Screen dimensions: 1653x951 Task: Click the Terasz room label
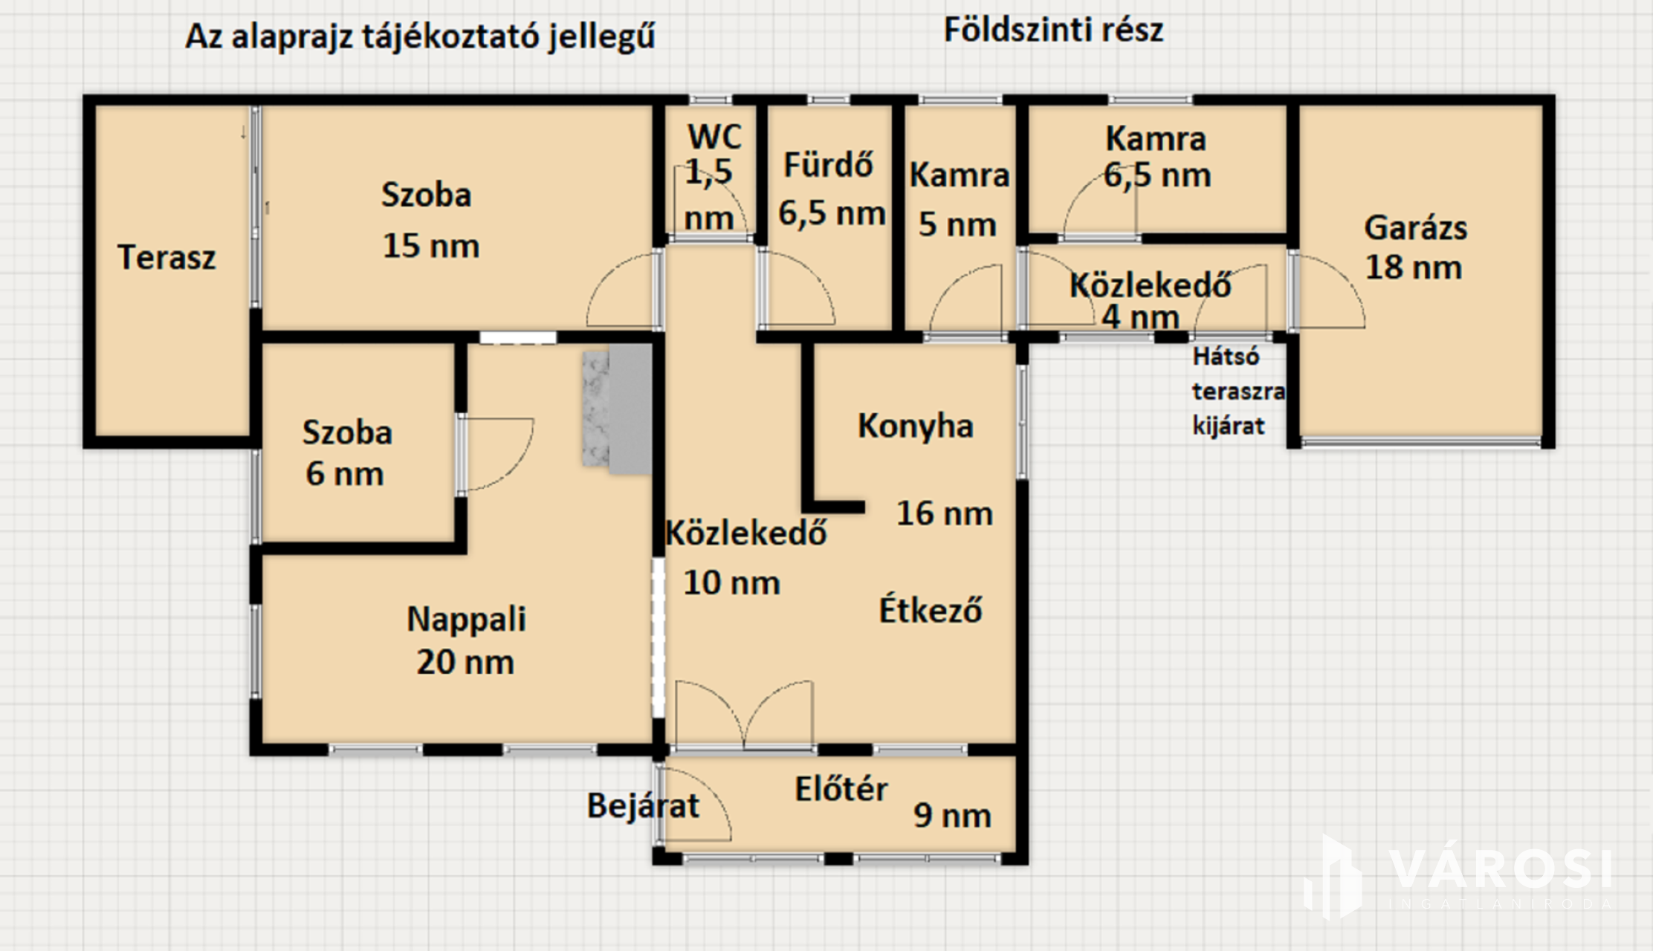point(166,258)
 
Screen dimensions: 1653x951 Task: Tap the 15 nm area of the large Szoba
point(431,246)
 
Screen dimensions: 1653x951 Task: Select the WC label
point(714,137)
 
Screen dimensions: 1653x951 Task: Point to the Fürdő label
point(829,164)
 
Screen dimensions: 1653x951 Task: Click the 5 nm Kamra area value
point(957,224)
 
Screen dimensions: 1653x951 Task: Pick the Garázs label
point(1416,228)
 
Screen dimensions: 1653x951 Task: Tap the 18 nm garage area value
point(1414,267)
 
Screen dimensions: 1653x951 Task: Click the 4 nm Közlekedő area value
point(1140,317)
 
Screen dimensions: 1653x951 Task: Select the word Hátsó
point(1226,357)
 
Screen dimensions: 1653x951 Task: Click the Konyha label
point(916,426)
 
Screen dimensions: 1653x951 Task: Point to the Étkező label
point(931,610)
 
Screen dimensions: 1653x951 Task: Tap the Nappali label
point(467,620)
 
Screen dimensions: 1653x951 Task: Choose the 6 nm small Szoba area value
point(345,474)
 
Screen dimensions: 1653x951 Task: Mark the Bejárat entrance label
point(644,806)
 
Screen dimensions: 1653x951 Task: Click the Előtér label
point(841,789)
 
